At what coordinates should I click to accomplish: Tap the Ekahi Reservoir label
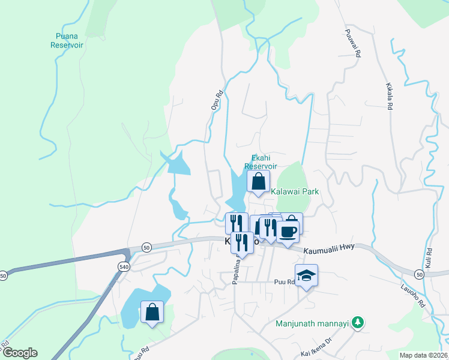(x=261, y=162)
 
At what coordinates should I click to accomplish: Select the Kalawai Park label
(x=295, y=192)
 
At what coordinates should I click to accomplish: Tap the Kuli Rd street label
(x=429, y=258)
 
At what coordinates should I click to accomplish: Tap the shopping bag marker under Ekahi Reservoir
(x=258, y=181)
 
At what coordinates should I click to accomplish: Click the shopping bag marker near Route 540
(x=152, y=312)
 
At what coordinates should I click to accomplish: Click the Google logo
(x=20, y=353)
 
